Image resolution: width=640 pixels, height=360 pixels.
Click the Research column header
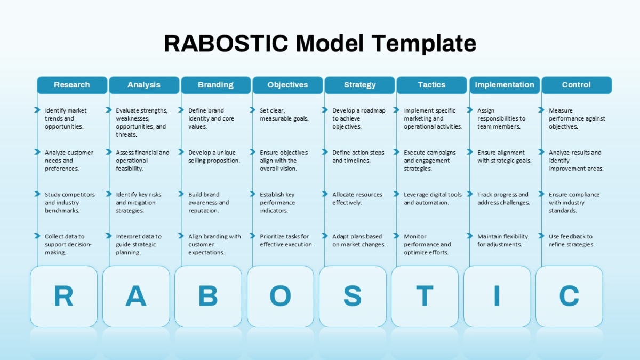coord(73,85)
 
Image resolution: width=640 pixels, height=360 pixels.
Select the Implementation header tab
coord(505,85)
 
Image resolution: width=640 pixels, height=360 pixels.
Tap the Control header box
coord(577,85)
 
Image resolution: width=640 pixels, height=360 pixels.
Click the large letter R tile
coord(63,297)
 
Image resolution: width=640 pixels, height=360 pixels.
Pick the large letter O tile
coord(281,297)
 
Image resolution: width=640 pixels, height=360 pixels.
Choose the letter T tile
coord(425,297)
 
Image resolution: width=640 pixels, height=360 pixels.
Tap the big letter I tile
coord(497,297)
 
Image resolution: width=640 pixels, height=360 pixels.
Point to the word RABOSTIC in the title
coord(226,43)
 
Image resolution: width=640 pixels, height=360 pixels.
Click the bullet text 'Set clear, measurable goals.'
coord(284,114)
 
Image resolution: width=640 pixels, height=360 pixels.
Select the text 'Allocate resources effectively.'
coord(357,198)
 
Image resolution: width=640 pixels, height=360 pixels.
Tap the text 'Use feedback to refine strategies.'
coord(571,241)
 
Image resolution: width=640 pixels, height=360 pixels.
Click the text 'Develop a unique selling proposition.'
coord(214,156)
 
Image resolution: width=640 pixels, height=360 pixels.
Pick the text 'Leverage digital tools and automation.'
coord(433,198)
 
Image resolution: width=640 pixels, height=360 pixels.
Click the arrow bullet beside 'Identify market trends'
coord(37,110)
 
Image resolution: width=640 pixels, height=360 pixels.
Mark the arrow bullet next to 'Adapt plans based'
coord(325,236)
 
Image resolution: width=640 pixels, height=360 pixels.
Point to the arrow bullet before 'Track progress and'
coord(470,194)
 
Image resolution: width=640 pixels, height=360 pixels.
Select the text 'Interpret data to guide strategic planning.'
coord(139,244)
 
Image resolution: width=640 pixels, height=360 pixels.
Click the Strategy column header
coord(359,85)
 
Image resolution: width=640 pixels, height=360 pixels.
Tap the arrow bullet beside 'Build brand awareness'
coord(181,194)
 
